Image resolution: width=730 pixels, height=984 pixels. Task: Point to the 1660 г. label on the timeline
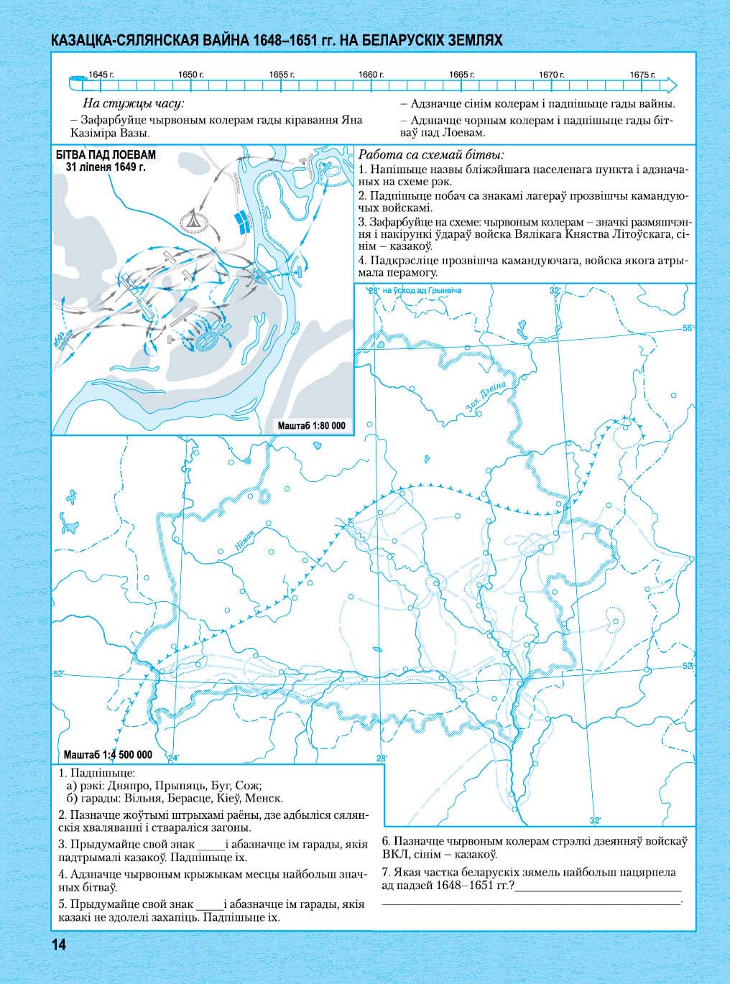(371, 75)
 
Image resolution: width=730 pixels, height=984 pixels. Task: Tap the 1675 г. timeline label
(642, 75)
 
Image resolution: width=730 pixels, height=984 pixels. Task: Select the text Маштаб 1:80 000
(311, 426)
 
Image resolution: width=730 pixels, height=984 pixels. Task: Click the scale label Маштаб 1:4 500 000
(108, 754)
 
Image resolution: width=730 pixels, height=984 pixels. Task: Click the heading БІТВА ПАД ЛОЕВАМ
(105, 155)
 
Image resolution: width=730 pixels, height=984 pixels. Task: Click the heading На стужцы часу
(134, 103)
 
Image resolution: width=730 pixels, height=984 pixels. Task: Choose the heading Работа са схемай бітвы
(431, 154)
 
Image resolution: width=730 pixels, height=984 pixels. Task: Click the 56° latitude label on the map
(688, 328)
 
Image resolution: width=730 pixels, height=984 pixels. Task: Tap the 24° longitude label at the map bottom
(172, 758)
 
